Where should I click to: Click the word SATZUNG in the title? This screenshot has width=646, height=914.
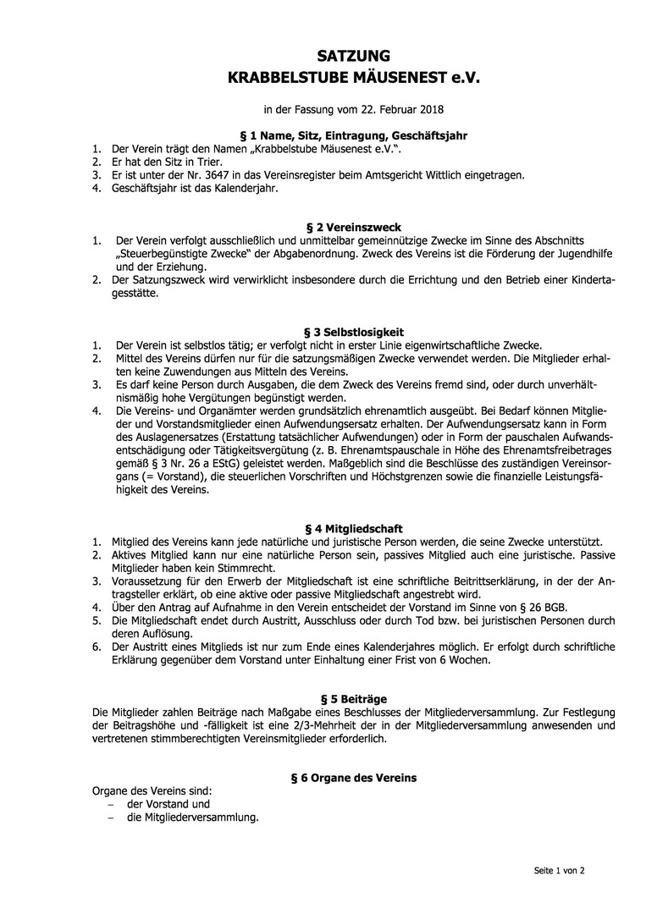[x=353, y=57]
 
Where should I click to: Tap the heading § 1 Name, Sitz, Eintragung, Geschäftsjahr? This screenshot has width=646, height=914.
[x=354, y=135]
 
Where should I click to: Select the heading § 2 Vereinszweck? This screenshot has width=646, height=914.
[x=353, y=228]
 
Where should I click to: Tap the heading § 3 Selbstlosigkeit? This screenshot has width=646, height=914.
[x=353, y=333]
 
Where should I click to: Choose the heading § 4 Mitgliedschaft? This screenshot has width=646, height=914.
[x=353, y=529]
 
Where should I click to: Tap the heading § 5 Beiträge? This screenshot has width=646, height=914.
[x=353, y=699]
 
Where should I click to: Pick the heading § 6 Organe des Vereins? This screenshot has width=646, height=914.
[x=353, y=778]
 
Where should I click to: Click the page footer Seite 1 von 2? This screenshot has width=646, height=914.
[x=559, y=870]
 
